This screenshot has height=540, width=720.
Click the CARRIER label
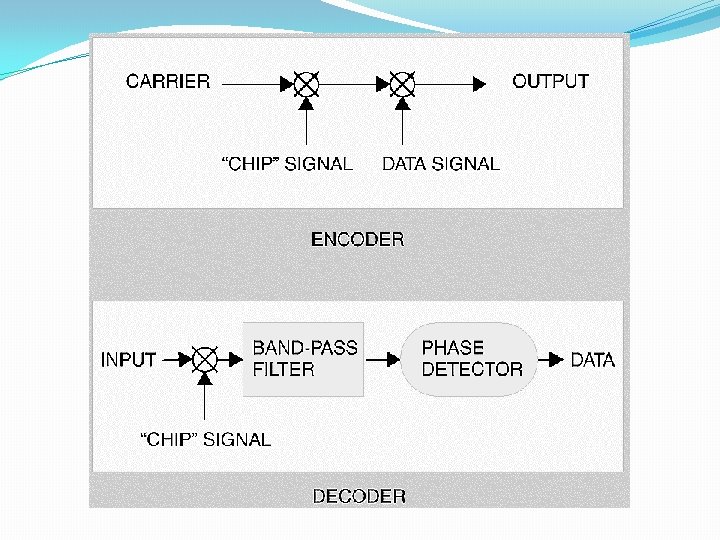click(168, 82)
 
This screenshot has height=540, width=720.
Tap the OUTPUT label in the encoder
click(550, 81)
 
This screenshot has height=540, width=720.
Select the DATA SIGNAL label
click(441, 164)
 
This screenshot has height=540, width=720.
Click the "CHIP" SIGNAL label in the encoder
click(286, 164)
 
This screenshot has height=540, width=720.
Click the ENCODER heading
click(358, 239)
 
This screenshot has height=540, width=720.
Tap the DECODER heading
click(359, 496)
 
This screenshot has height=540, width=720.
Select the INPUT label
click(129, 359)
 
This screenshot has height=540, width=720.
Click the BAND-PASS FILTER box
click(304, 359)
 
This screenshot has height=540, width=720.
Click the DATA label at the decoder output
click(592, 359)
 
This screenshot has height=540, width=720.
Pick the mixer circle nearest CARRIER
click(306, 85)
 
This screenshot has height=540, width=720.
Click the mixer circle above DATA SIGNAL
click(402, 85)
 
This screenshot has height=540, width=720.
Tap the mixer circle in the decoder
click(205, 359)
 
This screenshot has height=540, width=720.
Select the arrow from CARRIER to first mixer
click(254, 85)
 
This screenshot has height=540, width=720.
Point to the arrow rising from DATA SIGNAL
click(402, 124)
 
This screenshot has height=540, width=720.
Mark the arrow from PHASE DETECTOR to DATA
click(551, 359)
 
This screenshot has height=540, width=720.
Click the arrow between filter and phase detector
click(383, 359)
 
